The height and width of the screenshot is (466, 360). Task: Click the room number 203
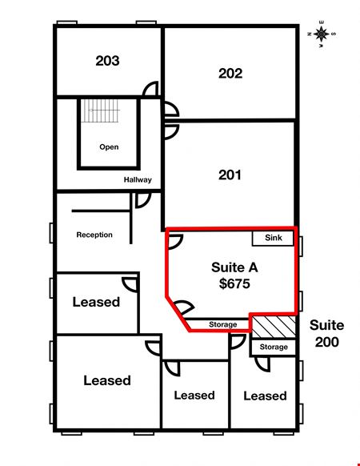(107, 61)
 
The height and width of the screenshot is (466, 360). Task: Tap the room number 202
(230, 74)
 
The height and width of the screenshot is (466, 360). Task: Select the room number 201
(230, 175)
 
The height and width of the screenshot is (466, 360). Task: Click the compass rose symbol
(322, 34)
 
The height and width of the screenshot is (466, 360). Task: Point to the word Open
(109, 147)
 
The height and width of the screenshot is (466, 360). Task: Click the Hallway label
(138, 179)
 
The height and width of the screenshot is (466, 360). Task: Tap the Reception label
(94, 235)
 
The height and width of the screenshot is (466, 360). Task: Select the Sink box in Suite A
(273, 238)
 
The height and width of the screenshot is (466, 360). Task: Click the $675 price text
(234, 283)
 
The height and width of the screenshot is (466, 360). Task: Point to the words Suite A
(234, 267)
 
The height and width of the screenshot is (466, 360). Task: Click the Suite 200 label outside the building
(326, 333)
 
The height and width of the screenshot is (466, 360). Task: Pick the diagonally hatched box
(274, 327)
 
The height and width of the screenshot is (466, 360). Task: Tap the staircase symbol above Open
(100, 110)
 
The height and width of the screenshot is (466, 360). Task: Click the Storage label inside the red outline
(222, 324)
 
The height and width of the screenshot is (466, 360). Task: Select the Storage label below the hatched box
(274, 347)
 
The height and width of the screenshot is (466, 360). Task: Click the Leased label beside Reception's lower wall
(96, 302)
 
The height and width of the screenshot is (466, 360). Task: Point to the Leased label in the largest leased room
(107, 380)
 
